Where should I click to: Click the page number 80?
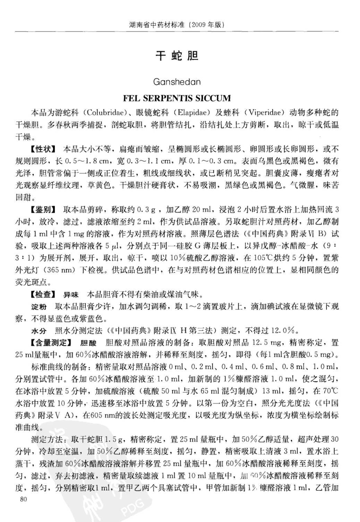point(24,499)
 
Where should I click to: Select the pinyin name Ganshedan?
point(177,82)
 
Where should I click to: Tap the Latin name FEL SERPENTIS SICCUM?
point(177,98)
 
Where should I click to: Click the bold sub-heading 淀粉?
point(39,307)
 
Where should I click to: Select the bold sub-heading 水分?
point(39,331)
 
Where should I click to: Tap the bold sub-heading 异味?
point(71,295)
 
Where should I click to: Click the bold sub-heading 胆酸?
point(88,343)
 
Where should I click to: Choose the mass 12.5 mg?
point(266,343)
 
